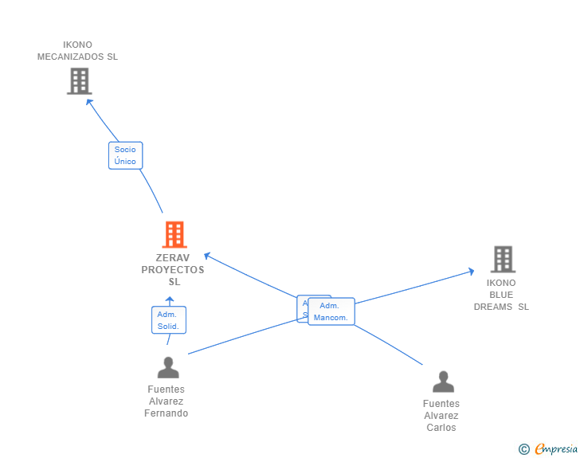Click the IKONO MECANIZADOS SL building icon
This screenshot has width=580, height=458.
point(79,81)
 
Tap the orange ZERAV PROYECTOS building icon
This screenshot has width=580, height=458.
point(174,234)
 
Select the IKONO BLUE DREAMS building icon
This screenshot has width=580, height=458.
point(503,260)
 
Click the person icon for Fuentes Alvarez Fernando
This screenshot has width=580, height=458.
point(168,367)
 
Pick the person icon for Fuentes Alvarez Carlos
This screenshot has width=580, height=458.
point(443,382)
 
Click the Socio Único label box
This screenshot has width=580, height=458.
point(125,155)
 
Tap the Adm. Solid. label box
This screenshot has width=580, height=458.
point(168,320)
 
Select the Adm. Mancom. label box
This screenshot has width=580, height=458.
point(331,311)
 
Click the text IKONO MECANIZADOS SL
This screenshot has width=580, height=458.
point(77,51)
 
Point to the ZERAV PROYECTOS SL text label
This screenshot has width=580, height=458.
point(173,269)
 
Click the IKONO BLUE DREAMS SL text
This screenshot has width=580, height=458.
point(501,295)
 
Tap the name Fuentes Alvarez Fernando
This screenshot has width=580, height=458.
point(167,401)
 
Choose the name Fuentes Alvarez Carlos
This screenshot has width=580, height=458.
point(441,415)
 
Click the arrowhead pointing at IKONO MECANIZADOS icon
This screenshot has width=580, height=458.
point(89,101)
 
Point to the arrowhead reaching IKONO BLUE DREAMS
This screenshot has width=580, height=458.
point(471,272)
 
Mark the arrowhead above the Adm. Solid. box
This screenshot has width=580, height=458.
point(169,300)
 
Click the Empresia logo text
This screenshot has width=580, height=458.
point(556,449)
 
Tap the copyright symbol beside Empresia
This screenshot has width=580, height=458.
point(523,449)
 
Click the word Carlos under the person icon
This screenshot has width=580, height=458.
point(441,428)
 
